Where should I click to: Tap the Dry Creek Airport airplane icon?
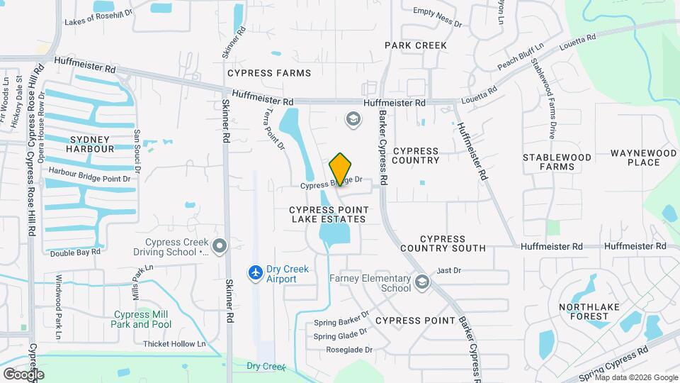[256, 272]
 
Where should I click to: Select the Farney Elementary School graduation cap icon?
[422, 283]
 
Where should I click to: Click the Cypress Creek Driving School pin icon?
[220, 246]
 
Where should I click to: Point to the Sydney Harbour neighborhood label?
[90, 144]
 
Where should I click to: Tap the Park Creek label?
[416, 45]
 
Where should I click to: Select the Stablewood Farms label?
[557, 162]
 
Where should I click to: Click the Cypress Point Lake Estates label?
[327, 214]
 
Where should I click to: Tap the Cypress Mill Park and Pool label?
[141, 319]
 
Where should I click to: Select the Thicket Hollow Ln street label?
[174, 344]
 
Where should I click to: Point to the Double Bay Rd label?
[75, 252]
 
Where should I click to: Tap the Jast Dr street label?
[449, 270]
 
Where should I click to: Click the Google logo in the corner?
[23, 374]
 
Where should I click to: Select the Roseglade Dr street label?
[349, 350]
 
